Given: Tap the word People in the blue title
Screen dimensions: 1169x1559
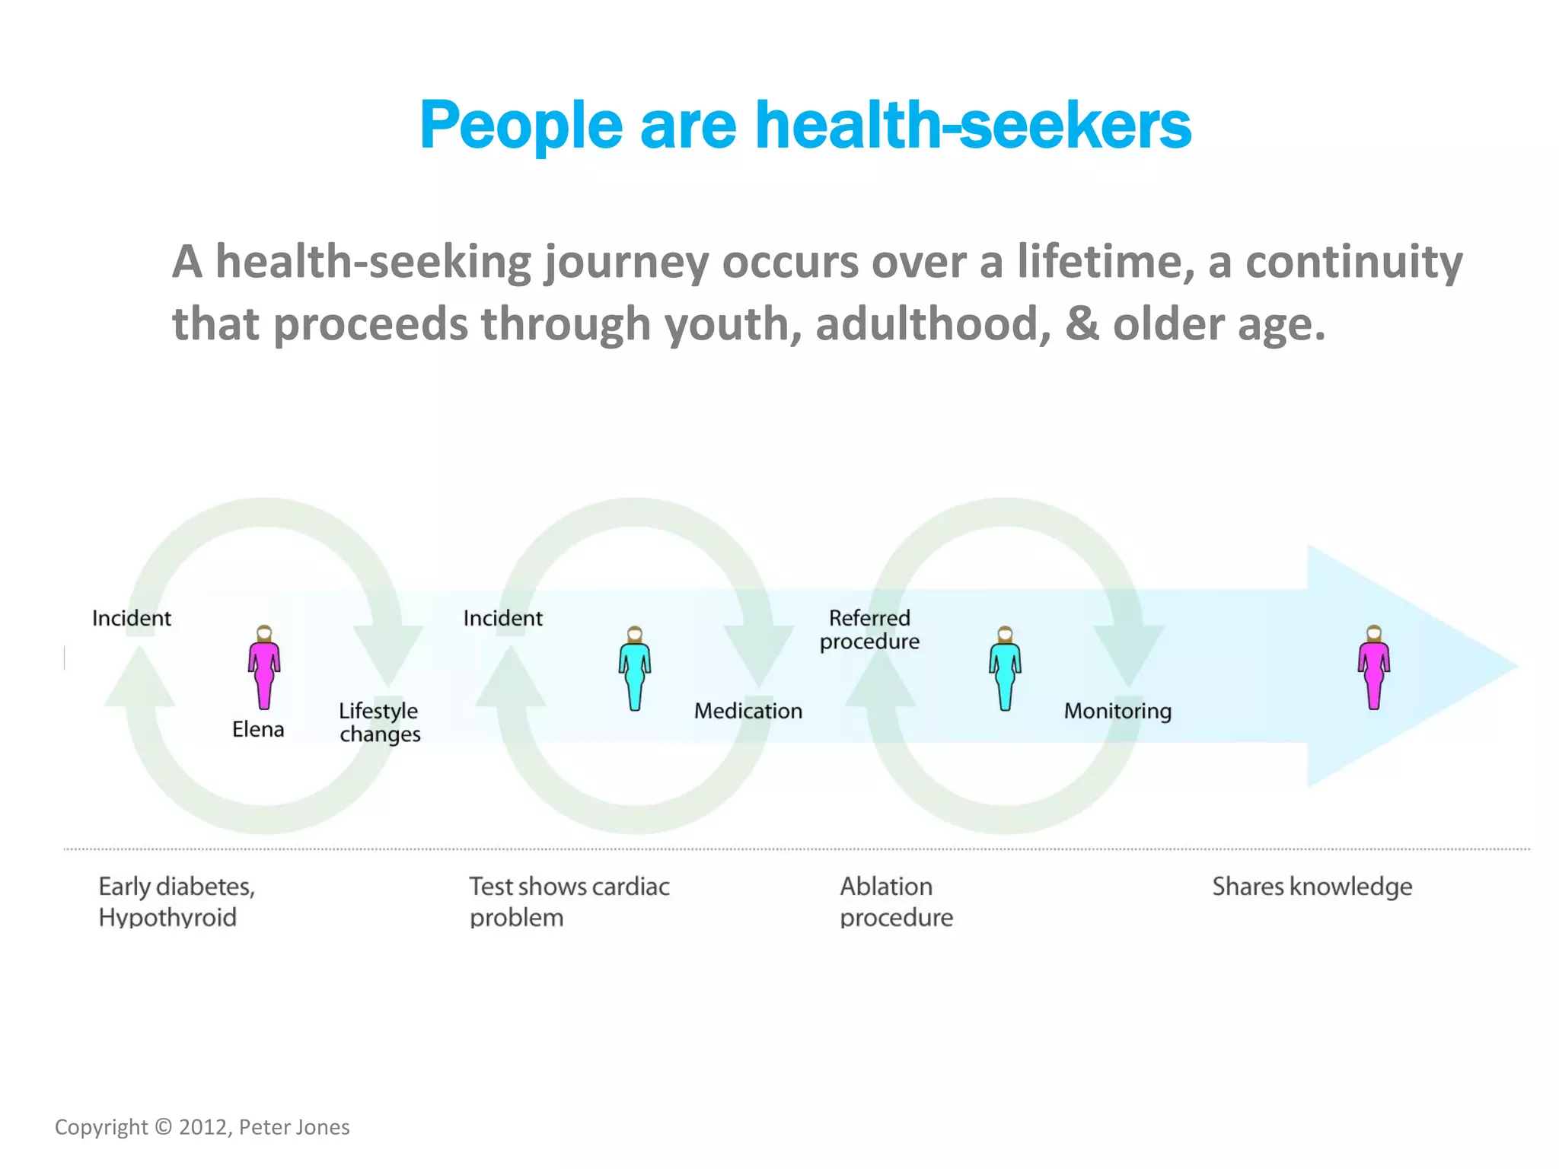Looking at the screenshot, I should tap(521, 127).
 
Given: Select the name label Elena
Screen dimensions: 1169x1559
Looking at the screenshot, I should tap(258, 730).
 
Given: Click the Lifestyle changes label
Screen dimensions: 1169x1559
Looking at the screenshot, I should tap(379, 722).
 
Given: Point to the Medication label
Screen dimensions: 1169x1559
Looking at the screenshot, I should tap(748, 711).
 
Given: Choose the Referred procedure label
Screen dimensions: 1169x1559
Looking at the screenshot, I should tap(869, 629).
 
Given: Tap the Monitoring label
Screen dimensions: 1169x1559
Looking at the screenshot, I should tap(1117, 711).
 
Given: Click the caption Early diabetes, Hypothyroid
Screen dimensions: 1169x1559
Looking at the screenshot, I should tap(177, 902).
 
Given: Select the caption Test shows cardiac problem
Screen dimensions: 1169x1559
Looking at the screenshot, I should tap(569, 902).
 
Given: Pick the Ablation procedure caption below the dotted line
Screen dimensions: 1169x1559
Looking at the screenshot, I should tap(896, 902).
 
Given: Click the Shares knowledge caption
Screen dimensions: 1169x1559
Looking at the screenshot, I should tap(1312, 887).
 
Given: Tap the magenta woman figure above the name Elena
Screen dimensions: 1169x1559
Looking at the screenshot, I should tap(264, 667).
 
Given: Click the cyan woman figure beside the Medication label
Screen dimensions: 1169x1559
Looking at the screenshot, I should tap(635, 668).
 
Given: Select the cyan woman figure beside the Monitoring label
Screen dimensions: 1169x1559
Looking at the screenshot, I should tap(1005, 668).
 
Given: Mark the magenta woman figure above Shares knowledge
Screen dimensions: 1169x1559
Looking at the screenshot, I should tap(1374, 667).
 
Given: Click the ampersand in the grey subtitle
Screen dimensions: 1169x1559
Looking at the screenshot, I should tap(1082, 323).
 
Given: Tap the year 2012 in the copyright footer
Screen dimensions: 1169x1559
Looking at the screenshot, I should tap(202, 1127).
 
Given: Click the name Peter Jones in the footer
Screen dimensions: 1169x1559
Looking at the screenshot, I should tap(294, 1127).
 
